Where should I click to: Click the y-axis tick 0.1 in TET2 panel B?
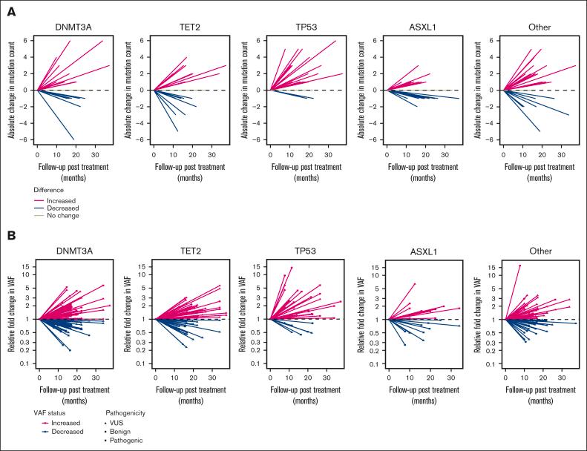pos(142,363)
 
